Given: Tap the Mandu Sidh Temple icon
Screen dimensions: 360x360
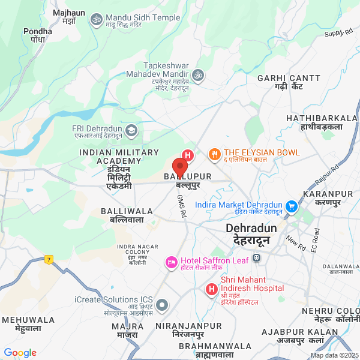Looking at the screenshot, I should click(x=95, y=21).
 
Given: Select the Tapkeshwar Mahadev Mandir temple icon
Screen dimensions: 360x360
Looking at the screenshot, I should click(x=198, y=75).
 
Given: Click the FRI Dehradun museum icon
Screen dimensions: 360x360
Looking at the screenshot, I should click(x=131, y=130).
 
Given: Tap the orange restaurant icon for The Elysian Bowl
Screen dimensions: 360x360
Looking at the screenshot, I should click(x=214, y=155).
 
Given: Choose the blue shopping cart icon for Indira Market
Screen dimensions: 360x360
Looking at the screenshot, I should click(x=292, y=206).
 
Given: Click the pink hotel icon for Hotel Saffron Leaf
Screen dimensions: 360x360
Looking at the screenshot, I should click(x=171, y=262).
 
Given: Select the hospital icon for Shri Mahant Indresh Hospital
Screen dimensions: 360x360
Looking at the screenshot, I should click(x=211, y=290).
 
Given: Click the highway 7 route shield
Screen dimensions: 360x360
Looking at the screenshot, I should click(x=48, y=259).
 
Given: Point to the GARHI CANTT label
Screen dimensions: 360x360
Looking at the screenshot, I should click(x=284, y=79).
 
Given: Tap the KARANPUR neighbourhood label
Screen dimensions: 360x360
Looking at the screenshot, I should click(x=328, y=194).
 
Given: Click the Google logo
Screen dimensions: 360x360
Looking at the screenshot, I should click(x=20, y=353).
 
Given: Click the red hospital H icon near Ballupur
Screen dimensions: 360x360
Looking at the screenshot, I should click(x=188, y=155).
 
